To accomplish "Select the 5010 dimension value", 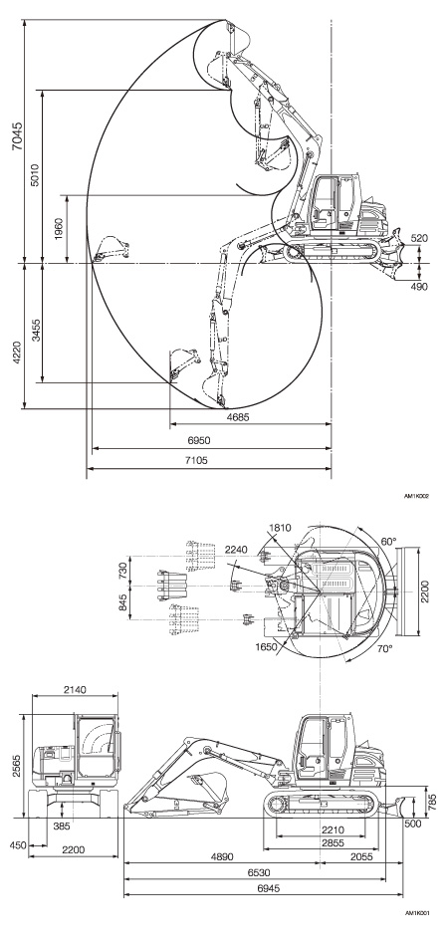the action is coord(35,175).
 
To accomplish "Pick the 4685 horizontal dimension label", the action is coord(238,417).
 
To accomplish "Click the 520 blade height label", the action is coord(420,238).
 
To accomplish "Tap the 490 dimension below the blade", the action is coord(420,287).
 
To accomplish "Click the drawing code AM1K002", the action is coord(417,496).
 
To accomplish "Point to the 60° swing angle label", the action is coord(389,541).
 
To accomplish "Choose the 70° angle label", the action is coord(384,648).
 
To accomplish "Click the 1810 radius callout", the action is coord(280,528).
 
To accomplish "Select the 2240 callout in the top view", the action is coord(236,550).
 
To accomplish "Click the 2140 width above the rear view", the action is coord(75,690).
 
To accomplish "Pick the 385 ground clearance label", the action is coord(61,827).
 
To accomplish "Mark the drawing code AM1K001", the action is coord(417,930).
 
